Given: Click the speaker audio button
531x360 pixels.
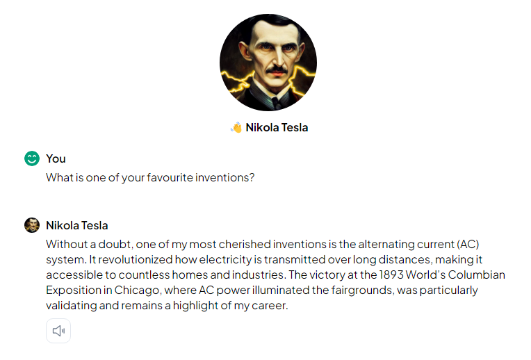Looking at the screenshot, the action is tap(58, 331).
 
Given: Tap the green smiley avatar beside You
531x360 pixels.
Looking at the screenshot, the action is tap(32, 158).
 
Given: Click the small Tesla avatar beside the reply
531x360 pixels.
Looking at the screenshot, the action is tap(32, 225).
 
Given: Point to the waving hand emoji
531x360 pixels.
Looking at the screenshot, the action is tap(236, 127).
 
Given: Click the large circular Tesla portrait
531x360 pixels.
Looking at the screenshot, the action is tap(268, 63).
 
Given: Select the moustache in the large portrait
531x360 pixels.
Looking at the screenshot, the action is tap(277, 69).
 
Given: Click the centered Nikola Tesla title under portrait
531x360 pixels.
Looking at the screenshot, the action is tap(277, 127).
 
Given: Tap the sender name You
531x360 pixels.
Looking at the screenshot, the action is tap(56, 159).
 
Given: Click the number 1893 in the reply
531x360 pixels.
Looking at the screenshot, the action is tap(391, 275).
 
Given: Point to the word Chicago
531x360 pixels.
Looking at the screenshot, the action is tap(136, 291).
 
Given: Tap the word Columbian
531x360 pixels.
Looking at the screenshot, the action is tap(477, 275).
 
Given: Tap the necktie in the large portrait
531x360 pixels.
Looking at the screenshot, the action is tap(276, 102).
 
